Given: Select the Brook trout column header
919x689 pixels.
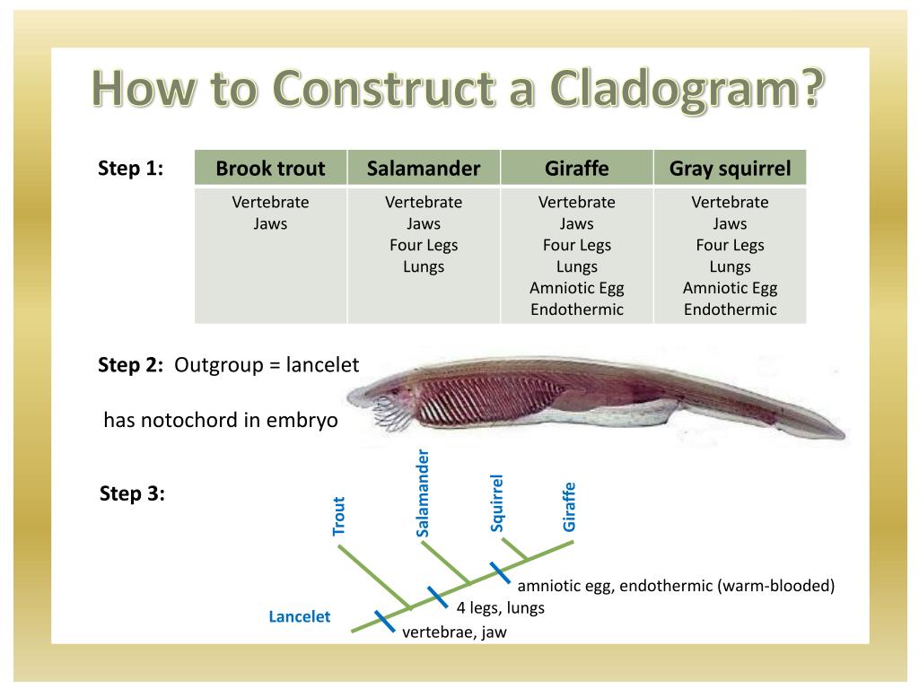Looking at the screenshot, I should (270, 169).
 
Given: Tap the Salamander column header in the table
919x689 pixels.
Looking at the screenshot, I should (424, 169).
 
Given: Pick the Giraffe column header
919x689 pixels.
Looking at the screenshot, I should (577, 169).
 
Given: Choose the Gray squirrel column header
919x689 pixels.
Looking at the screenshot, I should (730, 169).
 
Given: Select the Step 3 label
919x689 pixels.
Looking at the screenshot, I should (132, 494).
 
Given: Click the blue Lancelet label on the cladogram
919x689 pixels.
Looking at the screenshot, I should (300, 616).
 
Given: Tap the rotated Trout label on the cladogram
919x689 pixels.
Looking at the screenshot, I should (339, 516).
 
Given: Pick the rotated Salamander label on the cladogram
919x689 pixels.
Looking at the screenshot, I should (424, 493).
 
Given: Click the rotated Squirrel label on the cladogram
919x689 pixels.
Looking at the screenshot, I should (497, 503).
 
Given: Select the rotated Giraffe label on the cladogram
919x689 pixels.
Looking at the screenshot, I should (569, 507).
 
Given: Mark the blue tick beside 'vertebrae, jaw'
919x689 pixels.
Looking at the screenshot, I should (384, 621).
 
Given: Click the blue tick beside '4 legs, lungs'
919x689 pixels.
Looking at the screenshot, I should (437, 596).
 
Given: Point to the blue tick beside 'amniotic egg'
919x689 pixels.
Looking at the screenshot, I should (500, 571).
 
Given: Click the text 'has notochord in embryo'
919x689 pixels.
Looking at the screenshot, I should (221, 421).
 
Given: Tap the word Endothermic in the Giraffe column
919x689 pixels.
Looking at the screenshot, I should (577, 310).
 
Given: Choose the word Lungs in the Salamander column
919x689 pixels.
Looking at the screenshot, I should (424, 266).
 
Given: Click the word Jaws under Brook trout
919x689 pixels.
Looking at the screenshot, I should (270, 223).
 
